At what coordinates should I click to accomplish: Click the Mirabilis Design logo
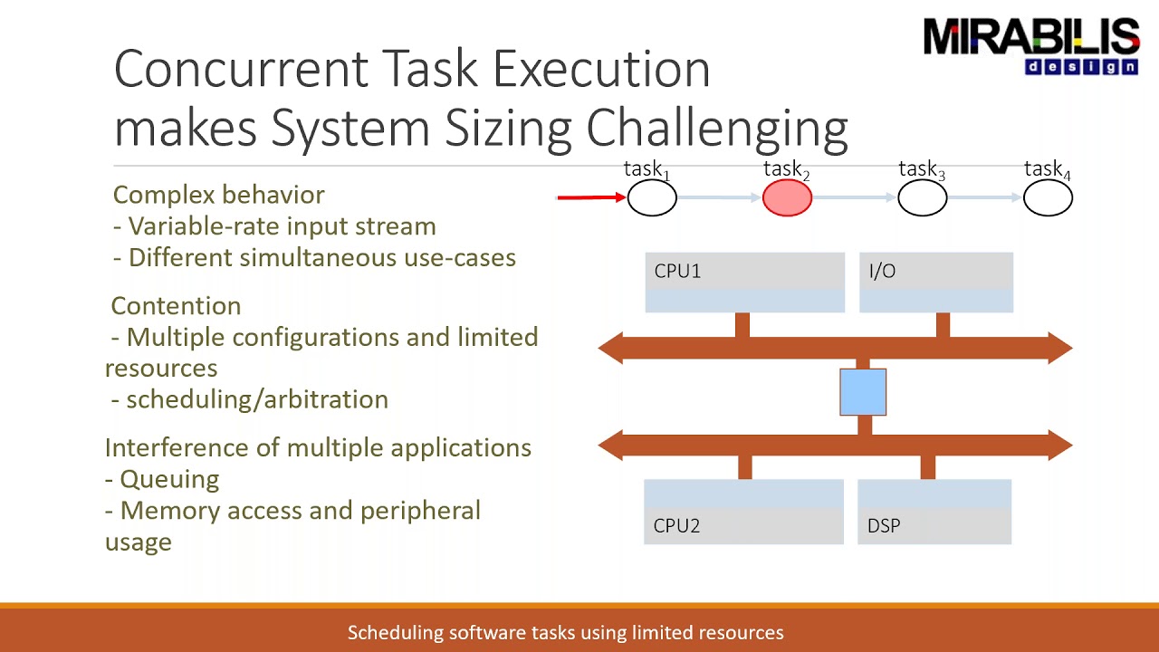point(1030,45)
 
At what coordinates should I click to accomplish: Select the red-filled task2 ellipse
point(787,198)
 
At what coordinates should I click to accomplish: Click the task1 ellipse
point(652,198)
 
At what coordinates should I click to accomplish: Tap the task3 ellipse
point(922,198)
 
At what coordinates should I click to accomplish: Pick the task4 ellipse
point(1048,198)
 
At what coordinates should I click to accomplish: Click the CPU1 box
point(744,283)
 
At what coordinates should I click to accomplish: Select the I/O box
point(935,283)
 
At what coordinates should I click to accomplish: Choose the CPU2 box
point(743,512)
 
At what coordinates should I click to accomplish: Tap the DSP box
point(934,512)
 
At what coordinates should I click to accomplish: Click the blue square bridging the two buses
point(863,392)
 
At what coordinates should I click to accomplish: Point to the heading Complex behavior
point(218,195)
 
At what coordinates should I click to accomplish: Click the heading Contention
point(176,306)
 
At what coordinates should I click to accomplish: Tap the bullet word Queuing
point(169,479)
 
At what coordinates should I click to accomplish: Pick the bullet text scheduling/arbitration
point(256,399)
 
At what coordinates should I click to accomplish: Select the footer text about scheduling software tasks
point(565,633)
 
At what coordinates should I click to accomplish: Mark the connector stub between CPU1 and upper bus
point(742,324)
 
